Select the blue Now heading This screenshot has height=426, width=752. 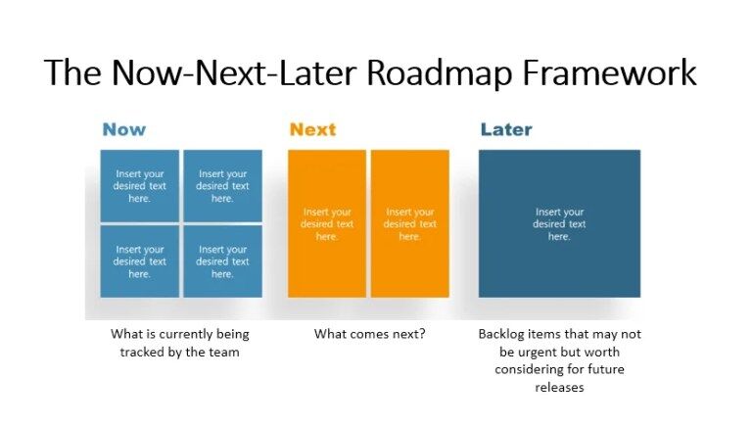(123, 129)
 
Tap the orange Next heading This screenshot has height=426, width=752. (312, 129)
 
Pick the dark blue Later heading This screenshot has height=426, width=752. (505, 129)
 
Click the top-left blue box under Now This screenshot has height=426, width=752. (139, 186)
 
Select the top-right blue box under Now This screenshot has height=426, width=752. (222, 186)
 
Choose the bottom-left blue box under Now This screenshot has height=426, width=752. (139, 261)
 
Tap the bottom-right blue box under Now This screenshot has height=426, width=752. (222, 261)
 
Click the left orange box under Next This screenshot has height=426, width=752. (326, 223)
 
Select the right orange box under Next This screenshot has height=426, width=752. (409, 223)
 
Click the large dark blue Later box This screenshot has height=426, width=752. (559, 223)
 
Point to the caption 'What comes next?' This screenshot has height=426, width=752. (369, 334)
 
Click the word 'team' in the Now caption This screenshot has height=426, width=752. (225, 352)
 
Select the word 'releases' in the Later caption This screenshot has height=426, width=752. (559, 387)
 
